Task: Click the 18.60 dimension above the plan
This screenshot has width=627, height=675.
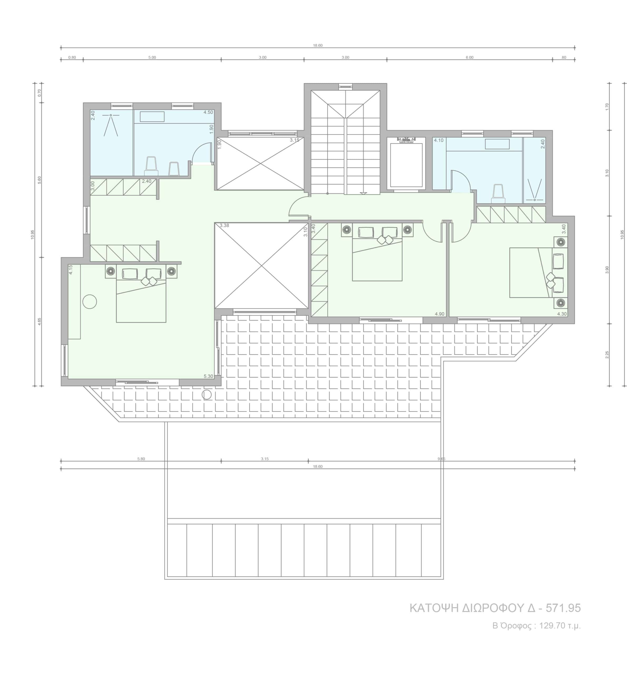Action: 318,45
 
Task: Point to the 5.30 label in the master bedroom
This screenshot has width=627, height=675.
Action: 208,376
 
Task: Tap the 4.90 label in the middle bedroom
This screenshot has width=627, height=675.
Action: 439,314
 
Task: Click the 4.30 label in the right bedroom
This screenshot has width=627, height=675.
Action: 562,314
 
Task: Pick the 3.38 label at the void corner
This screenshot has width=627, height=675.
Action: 224,225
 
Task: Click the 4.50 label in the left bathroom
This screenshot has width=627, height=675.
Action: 208,112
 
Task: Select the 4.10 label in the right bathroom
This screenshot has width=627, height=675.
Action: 439,140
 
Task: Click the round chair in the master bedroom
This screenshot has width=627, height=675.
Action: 90,301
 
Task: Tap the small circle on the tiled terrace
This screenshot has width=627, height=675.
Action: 207,394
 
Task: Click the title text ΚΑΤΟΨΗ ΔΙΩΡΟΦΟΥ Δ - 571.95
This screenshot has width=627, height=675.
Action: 495,608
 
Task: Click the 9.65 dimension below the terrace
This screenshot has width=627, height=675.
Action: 441,459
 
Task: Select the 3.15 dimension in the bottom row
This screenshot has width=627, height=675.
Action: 265,459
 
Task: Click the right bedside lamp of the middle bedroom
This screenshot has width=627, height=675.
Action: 407,230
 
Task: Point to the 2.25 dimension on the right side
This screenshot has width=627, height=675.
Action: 607,354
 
